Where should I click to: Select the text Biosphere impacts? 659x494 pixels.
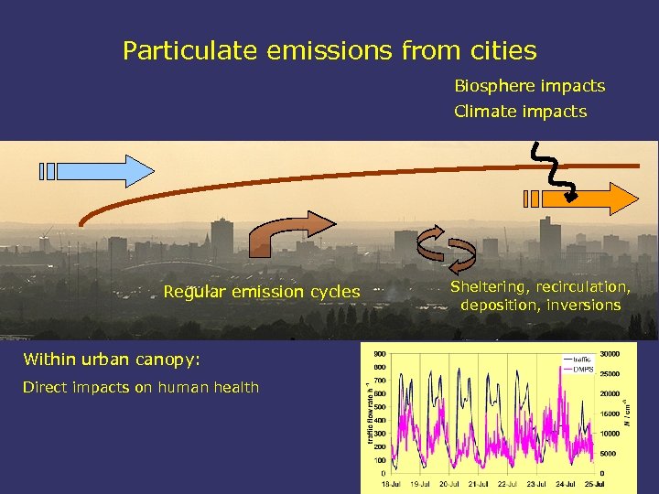529,86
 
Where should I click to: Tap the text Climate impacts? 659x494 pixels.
520,112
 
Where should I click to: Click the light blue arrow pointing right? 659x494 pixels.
99,171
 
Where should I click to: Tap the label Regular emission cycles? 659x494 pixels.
261,292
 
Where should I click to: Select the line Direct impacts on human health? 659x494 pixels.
141,387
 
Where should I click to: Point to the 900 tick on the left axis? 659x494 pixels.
378,354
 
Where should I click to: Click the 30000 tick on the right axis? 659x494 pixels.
610,354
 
